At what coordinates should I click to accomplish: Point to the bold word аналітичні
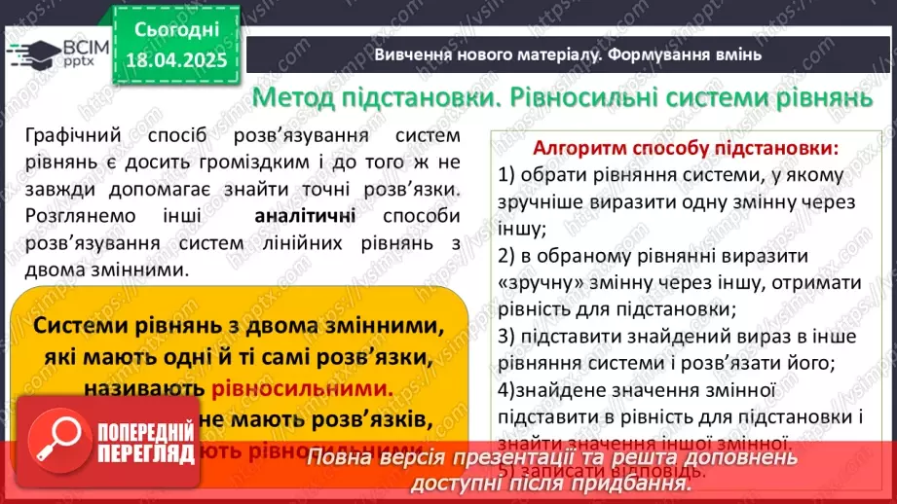click(x=305, y=216)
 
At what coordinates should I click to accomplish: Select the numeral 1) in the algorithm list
click(x=506, y=176)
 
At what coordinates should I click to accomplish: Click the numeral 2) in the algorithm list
click(x=506, y=257)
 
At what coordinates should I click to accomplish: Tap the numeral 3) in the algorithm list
click(x=506, y=338)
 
